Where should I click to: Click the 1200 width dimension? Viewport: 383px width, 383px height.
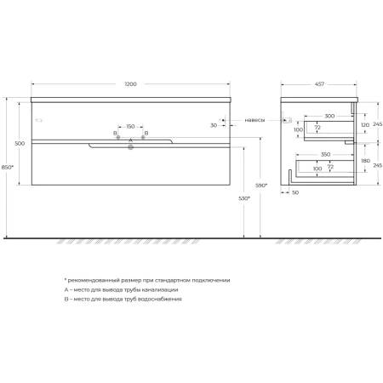pos(130,84)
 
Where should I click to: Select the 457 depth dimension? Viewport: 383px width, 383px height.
pos(319,84)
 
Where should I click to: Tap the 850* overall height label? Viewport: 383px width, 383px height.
pos(8,167)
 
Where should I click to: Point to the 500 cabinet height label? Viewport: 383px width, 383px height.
pos(20,143)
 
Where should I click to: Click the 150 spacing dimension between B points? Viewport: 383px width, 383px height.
pos(130,126)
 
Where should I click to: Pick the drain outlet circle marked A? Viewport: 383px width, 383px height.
pos(130,147)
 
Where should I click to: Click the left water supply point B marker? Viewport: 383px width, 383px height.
pos(118,137)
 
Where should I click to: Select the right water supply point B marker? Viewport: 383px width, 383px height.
pos(143,137)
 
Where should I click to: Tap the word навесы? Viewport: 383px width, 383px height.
pos(254,120)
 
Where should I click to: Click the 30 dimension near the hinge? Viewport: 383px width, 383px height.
pos(214,125)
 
